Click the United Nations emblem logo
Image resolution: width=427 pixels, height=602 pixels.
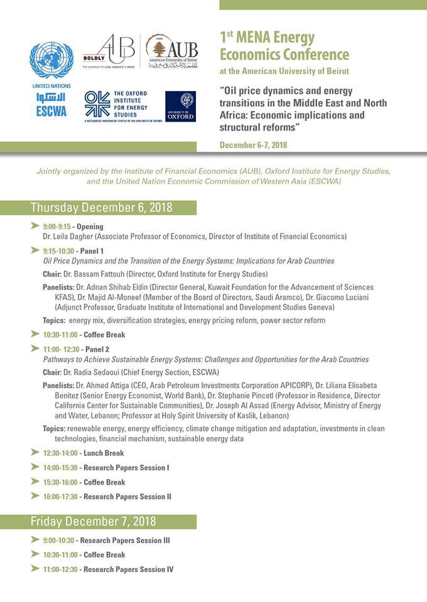click(51, 60)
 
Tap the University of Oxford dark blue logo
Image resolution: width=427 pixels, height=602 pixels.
click(180, 106)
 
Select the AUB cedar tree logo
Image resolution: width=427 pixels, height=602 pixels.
click(159, 49)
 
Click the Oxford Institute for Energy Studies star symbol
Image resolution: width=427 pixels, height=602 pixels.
click(97, 104)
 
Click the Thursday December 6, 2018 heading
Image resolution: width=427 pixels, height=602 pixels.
click(101, 208)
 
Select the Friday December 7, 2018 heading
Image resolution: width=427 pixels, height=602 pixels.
click(93, 522)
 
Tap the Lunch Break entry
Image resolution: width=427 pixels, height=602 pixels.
click(104, 453)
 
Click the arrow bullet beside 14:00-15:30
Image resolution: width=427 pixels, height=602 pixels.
click(35, 467)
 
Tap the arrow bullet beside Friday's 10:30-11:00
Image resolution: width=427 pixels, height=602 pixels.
click(35, 554)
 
